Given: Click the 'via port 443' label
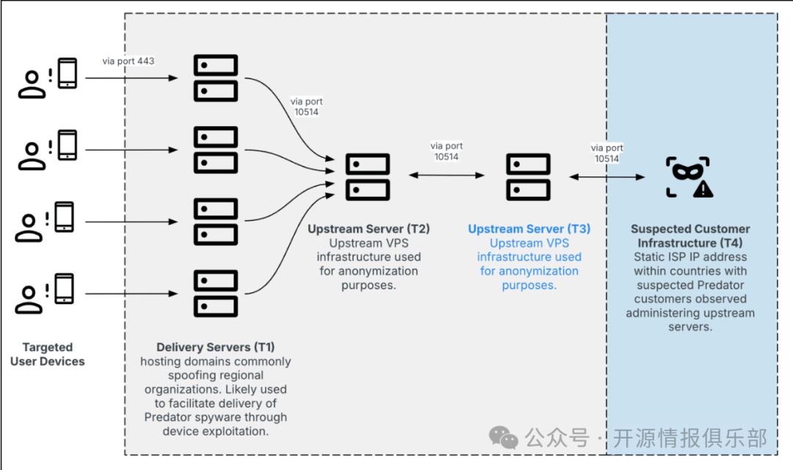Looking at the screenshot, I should click(x=128, y=61).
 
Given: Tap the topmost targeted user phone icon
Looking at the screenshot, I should click(x=68, y=73).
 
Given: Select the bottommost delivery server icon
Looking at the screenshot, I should click(x=215, y=294).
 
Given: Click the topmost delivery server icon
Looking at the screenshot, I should click(x=215, y=78).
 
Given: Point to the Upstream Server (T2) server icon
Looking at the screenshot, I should click(x=367, y=176).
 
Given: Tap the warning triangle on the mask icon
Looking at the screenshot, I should click(x=703, y=189).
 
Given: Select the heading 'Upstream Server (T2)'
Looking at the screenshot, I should click(x=369, y=229).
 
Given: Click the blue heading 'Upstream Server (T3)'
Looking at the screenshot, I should click(x=529, y=229).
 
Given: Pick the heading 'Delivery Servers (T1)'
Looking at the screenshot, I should click(x=216, y=347).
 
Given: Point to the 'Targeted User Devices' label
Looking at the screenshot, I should click(x=48, y=354).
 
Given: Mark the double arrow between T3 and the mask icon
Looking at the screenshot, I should click(x=607, y=176).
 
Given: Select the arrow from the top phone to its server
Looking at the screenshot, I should click(x=140, y=78).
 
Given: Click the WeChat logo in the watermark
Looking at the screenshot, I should click(x=504, y=438).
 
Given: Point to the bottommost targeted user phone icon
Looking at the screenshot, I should click(x=65, y=289).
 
